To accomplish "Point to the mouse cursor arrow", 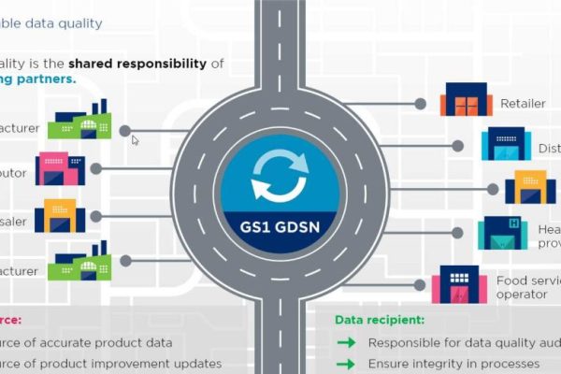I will (x=135, y=140).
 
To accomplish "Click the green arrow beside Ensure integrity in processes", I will (x=346, y=364).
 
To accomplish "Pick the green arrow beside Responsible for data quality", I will (x=346, y=342).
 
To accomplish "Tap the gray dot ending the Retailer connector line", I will (x=421, y=104).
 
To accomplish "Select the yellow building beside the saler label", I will (x=61, y=217).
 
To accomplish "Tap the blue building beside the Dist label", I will (x=506, y=144).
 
